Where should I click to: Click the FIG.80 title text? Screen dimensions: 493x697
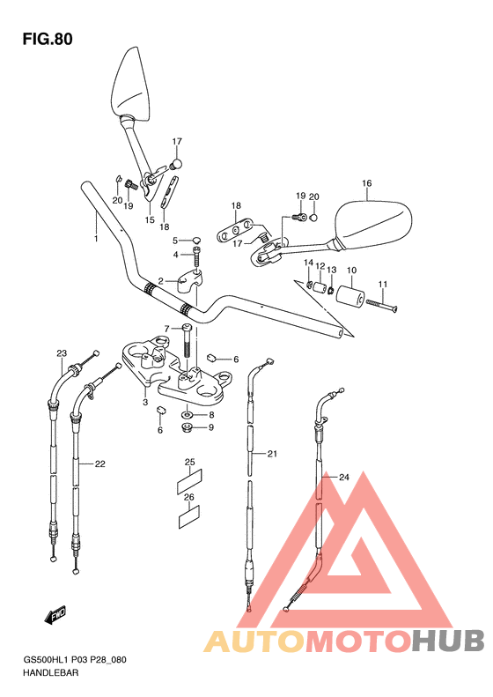[x=48, y=39]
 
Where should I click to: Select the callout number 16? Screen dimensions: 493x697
[x=366, y=183]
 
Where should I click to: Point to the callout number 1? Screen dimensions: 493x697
[x=95, y=239]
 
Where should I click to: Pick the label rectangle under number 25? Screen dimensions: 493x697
[x=189, y=480]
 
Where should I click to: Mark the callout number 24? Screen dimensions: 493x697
[x=343, y=478]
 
